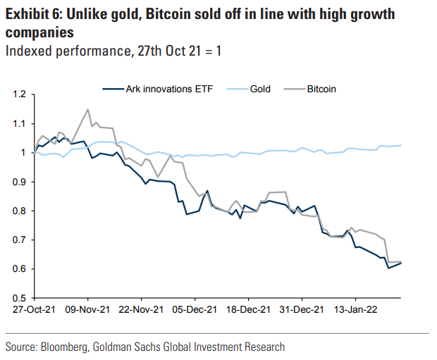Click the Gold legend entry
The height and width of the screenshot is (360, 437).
tap(260, 89)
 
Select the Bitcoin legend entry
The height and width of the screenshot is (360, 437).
tap(321, 89)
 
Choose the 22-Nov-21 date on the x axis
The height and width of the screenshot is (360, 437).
tap(141, 309)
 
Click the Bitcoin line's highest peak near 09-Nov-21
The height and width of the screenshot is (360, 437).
tap(87, 109)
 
